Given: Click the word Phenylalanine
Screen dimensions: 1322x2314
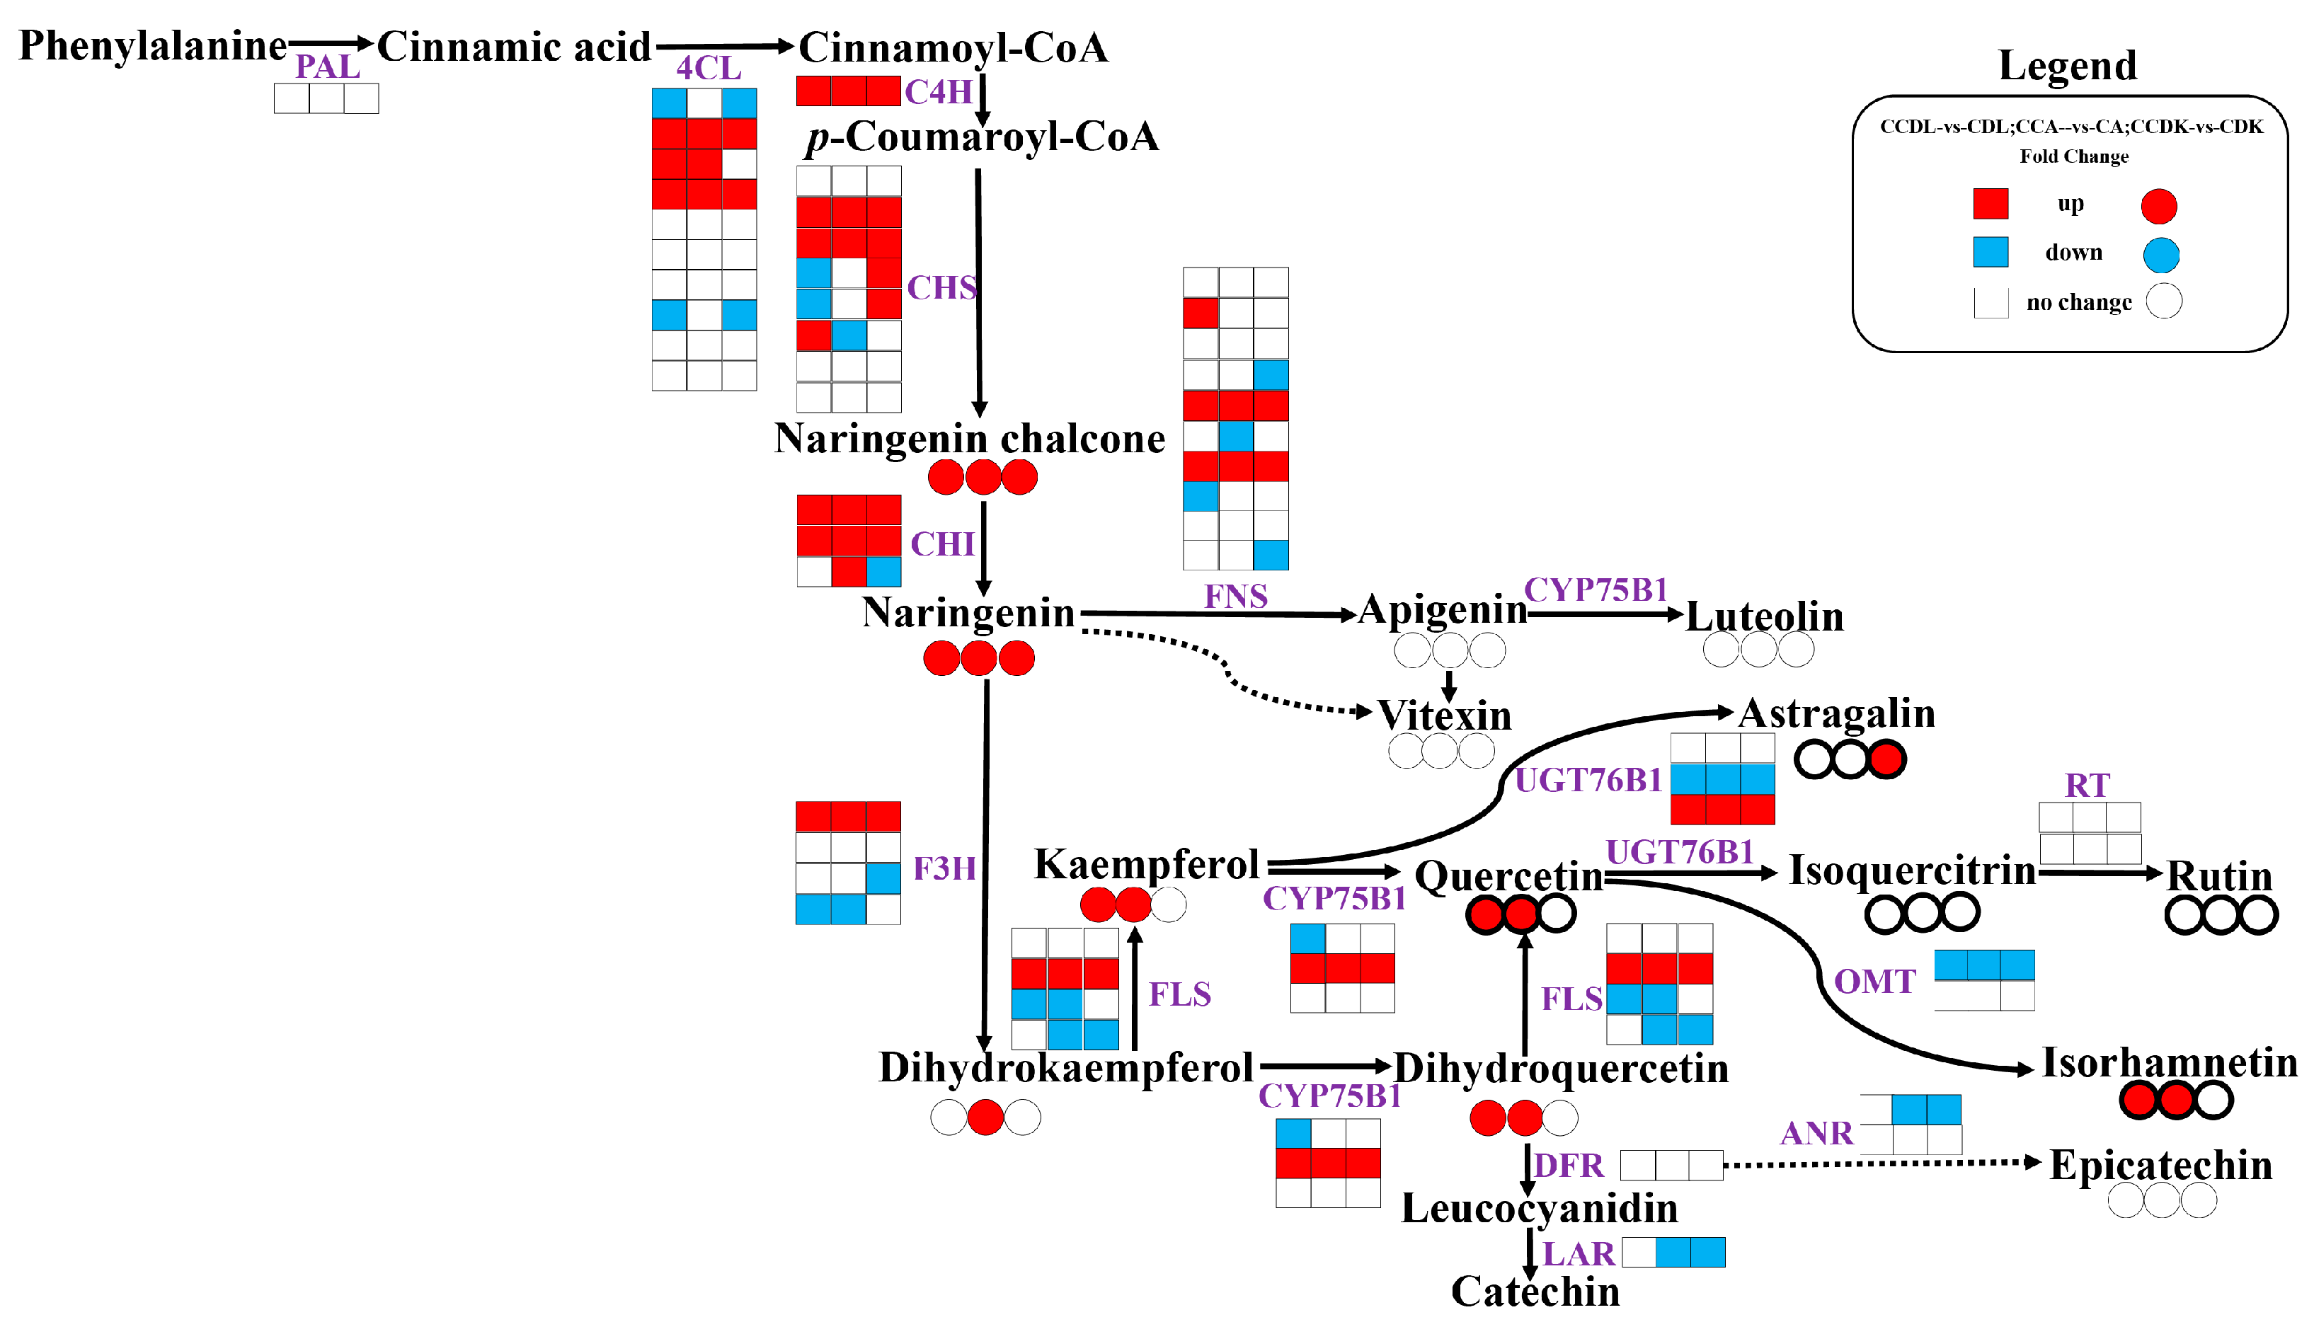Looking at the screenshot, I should click(x=153, y=45).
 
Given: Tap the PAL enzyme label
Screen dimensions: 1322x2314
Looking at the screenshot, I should click(x=327, y=67).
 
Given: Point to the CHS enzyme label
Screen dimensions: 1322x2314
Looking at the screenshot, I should click(x=941, y=288).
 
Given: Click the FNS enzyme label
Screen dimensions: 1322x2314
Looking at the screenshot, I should click(x=1235, y=597).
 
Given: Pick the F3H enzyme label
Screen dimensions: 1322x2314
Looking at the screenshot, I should click(x=944, y=869).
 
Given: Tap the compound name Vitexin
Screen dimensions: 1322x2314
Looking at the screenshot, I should click(x=1444, y=715).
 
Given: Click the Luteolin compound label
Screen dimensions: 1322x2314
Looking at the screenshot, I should click(x=1764, y=616).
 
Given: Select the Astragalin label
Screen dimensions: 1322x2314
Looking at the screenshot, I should click(x=1836, y=713).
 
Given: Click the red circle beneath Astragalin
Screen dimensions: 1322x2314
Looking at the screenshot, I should click(x=1887, y=760).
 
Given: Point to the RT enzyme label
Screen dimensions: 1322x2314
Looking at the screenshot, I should click(x=2087, y=786).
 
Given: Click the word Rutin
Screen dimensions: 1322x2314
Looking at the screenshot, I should click(x=2218, y=876).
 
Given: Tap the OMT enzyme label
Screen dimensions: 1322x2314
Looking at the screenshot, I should click(x=1874, y=982).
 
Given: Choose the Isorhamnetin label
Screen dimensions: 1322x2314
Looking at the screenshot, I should click(x=2169, y=1062).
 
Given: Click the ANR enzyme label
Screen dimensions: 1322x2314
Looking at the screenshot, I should click(x=1816, y=1133).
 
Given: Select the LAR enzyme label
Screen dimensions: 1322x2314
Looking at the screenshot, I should click(x=1579, y=1254).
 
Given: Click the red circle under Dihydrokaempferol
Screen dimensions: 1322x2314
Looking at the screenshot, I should click(x=985, y=1117).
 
